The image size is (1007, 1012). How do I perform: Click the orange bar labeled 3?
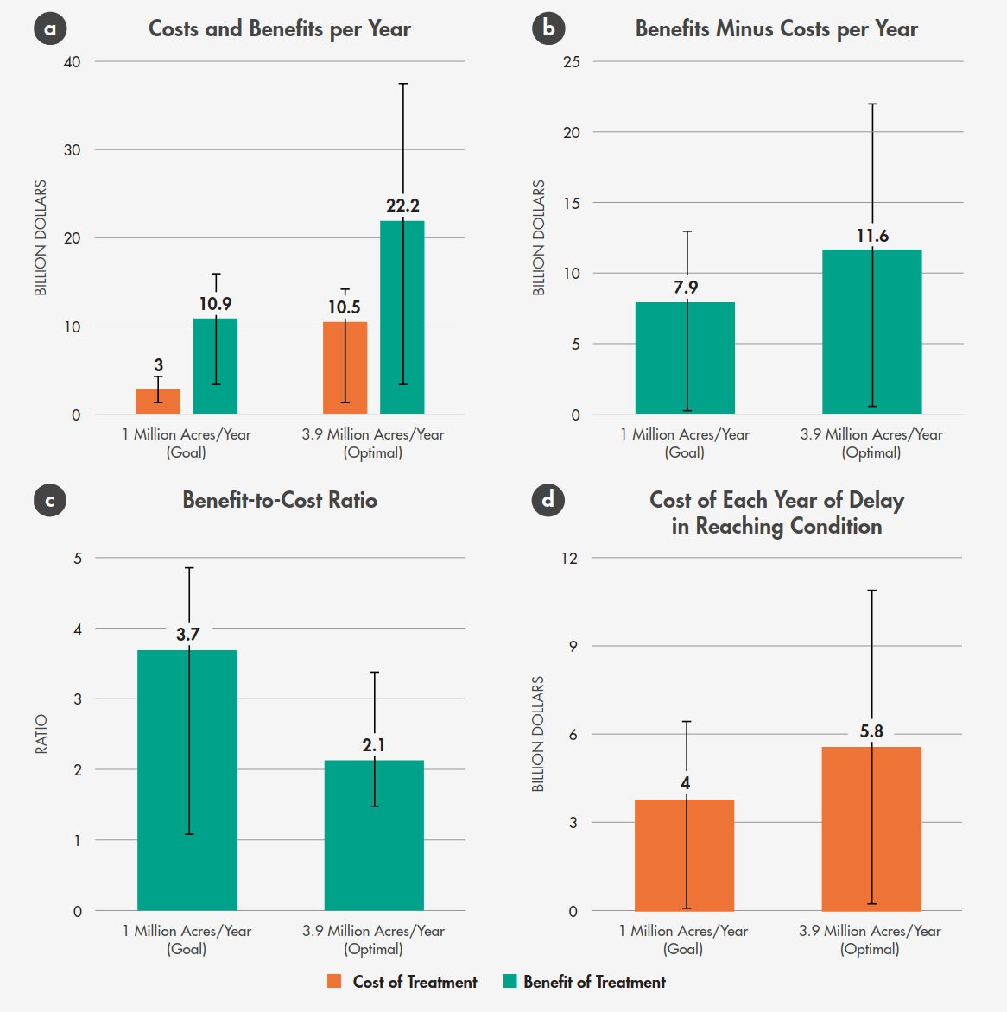coord(158,402)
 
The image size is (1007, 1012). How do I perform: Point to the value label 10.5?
coord(344,307)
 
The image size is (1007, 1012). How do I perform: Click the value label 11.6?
coord(872,236)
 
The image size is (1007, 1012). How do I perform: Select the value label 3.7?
coord(188,635)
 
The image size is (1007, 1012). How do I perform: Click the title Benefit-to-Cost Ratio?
coord(280,501)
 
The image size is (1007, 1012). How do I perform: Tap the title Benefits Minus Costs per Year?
coord(776,29)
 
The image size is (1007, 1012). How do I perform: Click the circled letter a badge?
coord(50,28)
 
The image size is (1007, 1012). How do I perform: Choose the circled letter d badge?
coord(548,500)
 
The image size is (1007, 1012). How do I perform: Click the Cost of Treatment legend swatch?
coord(335,982)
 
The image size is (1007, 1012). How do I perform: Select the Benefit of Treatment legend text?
coord(594,982)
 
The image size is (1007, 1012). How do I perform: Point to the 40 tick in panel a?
coord(72,62)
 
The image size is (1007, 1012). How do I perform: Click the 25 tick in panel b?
coord(571,62)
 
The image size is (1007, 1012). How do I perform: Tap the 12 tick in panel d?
coord(569,558)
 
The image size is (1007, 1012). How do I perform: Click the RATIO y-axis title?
coord(41,734)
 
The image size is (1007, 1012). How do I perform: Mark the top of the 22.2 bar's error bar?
coord(403,84)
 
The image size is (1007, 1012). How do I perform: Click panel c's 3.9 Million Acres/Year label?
coord(373,932)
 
